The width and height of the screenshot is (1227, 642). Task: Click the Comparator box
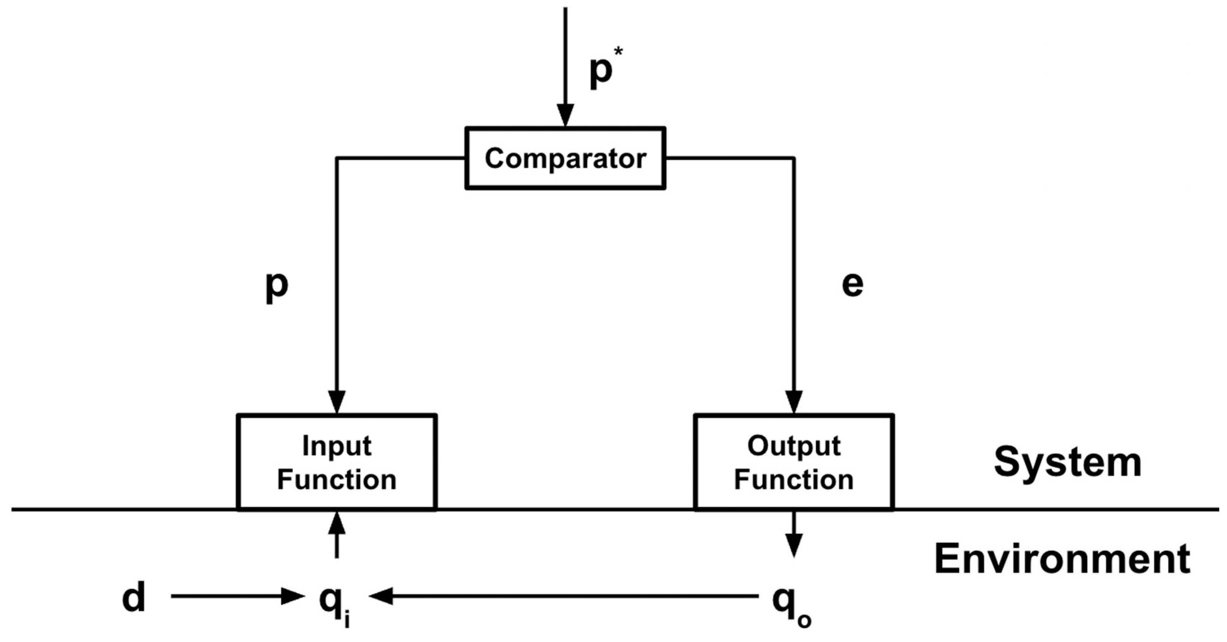[x=565, y=158]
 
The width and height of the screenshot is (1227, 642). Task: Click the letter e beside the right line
[x=852, y=285]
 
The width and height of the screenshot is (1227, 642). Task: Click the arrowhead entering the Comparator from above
[x=565, y=115]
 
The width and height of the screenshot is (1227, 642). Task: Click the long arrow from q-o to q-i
[x=562, y=596]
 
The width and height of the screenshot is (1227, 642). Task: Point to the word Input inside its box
[x=337, y=447]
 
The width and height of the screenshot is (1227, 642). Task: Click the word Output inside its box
[x=794, y=447]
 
